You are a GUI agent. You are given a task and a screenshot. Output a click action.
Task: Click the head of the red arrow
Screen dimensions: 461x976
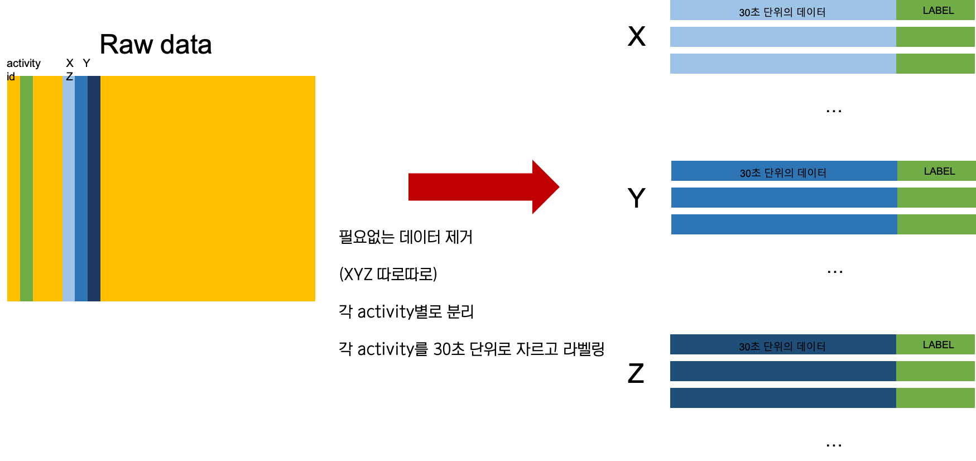[544, 187]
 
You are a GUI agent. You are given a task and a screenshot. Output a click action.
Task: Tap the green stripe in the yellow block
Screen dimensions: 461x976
[26, 189]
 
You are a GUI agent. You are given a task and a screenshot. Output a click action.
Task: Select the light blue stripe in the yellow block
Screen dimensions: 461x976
[68, 189]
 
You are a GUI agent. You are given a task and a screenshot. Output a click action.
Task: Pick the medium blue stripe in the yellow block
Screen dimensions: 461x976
[81, 189]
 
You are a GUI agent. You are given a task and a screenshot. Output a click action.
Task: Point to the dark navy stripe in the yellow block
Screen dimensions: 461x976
[94, 189]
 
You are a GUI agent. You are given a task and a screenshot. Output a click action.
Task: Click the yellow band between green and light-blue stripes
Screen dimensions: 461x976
[47, 189]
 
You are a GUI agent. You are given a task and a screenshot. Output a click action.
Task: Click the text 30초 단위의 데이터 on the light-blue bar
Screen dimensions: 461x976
[782, 12]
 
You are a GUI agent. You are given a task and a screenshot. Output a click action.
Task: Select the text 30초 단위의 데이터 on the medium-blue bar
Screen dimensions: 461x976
[783, 173]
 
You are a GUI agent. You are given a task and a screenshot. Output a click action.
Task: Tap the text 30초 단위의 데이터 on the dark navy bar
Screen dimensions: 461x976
[782, 347]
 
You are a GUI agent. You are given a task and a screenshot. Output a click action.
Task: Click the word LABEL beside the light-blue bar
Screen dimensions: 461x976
[938, 11]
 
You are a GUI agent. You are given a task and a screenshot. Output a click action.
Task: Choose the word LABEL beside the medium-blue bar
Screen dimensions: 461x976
[939, 171]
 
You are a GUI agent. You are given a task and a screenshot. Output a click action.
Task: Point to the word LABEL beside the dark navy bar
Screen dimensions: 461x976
[938, 345]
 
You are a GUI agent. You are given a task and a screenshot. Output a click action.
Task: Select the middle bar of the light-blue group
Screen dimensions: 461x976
[783, 37]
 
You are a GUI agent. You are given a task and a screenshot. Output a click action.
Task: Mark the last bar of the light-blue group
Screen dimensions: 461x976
[783, 64]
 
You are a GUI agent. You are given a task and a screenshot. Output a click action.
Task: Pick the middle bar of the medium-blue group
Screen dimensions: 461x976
[784, 198]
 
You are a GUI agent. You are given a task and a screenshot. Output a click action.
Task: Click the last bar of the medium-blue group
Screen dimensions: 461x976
[784, 224]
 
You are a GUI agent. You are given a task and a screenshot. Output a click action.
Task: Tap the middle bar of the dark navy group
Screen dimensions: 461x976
[783, 371]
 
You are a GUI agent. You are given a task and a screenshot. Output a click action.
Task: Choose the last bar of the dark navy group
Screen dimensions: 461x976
[783, 398]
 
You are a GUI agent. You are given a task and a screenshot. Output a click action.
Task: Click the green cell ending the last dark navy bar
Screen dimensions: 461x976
[935, 398]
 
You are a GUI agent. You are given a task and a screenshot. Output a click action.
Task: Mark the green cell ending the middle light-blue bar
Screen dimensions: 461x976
[935, 37]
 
